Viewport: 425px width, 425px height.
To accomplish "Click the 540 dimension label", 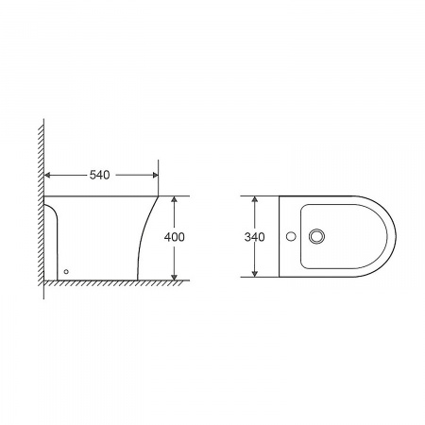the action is tap(99, 175).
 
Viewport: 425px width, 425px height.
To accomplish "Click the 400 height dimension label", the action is tap(174, 237).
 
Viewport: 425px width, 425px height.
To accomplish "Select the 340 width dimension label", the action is tap(254, 237).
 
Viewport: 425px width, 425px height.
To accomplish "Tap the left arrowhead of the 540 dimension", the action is tap(47, 175).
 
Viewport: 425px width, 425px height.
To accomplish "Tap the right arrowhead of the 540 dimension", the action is tap(155, 175).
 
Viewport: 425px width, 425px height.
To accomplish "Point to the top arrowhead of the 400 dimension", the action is tap(174, 199).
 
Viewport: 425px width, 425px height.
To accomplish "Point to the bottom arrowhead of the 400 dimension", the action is tap(174, 277).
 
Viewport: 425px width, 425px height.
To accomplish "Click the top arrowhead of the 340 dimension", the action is tap(255, 199).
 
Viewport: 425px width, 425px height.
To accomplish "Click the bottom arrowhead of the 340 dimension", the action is tap(255, 274).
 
